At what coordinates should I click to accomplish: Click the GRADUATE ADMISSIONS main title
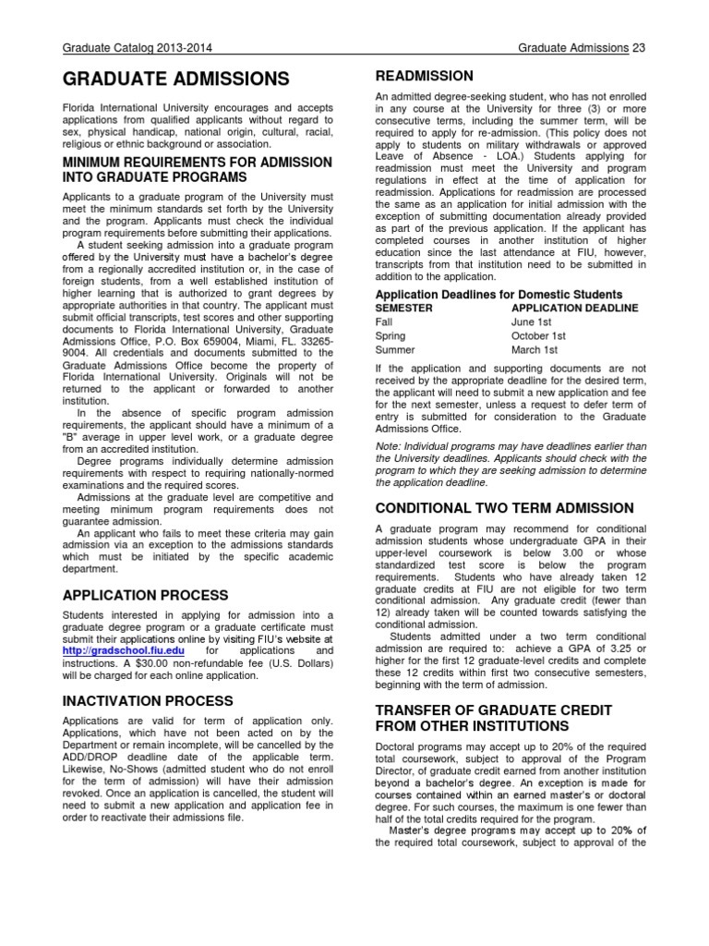(174, 80)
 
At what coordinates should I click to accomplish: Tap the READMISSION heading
(424, 76)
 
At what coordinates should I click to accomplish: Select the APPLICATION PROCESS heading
(145, 595)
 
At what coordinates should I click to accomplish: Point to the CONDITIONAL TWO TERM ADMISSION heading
(504, 508)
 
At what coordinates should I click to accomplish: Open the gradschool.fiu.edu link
(104, 651)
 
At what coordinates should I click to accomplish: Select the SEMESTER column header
(405, 307)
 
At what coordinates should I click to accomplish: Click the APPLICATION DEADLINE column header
(573, 307)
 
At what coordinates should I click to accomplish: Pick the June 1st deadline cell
(531, 321)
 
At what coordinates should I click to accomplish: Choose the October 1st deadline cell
(538, 336)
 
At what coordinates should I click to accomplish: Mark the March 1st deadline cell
(534, 351)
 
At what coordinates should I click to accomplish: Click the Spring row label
(391, 336)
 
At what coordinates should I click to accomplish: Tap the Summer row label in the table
(395, 351)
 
